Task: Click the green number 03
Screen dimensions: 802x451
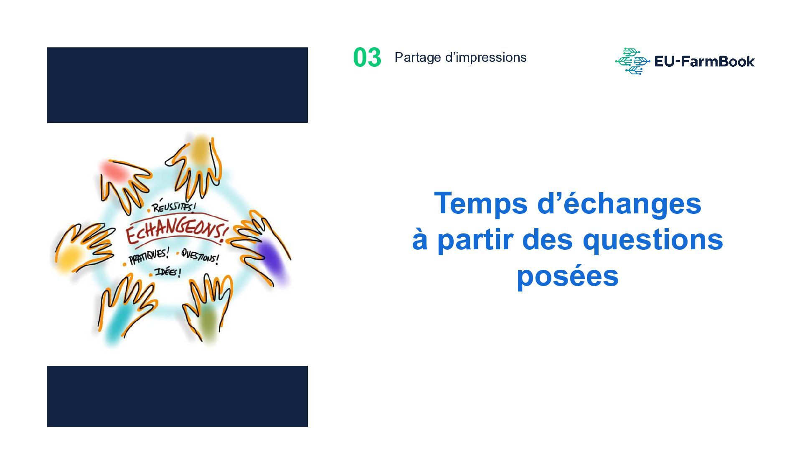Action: click(x=367, y=58)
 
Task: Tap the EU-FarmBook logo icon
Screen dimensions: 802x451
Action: click(x=632, y=61)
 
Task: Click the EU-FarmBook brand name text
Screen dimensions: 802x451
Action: click(x=704, y=61)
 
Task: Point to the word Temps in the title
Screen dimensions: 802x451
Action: click(x=481, y=204)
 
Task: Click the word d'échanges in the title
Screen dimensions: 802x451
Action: click(x=619, y=204)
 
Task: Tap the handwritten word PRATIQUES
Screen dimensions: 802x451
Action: click(x=149, y=256)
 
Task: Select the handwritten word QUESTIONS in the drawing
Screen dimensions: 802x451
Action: click(x=200, y=256)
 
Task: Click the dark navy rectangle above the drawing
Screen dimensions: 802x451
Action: click(x=177, y=85)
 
